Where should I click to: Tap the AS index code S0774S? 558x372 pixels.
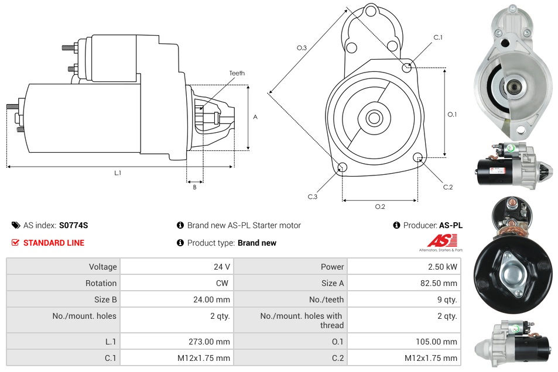pos(73,225)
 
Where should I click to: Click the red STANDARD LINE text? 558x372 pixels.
pos(53,243)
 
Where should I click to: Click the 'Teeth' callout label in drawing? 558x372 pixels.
pos(237,73)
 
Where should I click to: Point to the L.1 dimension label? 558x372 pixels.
pos(118,173)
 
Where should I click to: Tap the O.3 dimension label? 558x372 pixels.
pos(302,48)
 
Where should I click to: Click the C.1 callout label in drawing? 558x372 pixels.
pos(437,38)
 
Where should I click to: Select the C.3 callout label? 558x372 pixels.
pos(313,197)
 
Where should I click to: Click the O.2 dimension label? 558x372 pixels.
pos(379,206)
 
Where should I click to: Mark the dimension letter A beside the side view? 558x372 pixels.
pos(255,117)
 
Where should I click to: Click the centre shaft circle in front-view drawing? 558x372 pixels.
pos(374,118)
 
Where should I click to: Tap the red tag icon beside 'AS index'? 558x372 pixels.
pos(15,225)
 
